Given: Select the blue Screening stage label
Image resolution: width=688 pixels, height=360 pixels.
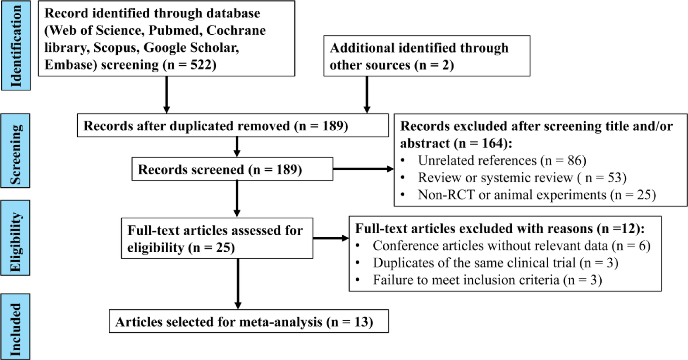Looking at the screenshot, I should coord(15,151).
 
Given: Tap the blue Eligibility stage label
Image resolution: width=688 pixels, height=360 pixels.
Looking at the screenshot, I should coord(15,238).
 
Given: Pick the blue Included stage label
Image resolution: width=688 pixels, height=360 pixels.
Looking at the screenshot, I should coord(15,327).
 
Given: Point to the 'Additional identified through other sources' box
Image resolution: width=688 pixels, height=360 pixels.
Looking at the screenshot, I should coord(426,56).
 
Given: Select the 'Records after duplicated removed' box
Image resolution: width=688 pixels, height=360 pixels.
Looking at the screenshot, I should coord(232,126).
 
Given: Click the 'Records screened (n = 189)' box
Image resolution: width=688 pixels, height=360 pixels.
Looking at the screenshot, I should coord(232,169).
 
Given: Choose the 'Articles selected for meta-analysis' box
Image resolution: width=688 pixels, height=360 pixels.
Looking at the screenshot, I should coord(248,322).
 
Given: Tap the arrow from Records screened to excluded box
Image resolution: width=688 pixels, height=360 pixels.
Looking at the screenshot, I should coord(363,169).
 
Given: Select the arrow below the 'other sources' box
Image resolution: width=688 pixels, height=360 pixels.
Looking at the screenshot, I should coord(367,94).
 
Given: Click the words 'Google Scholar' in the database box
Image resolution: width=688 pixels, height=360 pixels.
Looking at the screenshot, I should coord(191,48).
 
